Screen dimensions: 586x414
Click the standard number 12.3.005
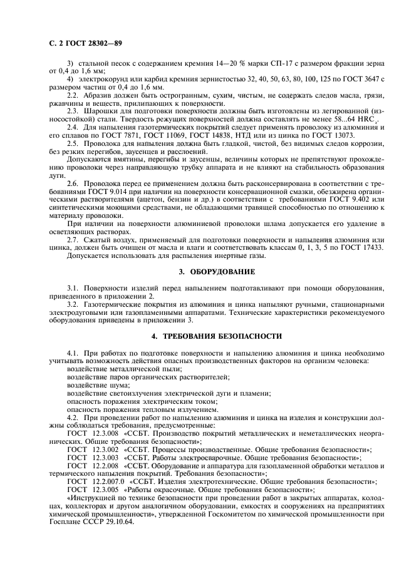pos(105,488)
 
